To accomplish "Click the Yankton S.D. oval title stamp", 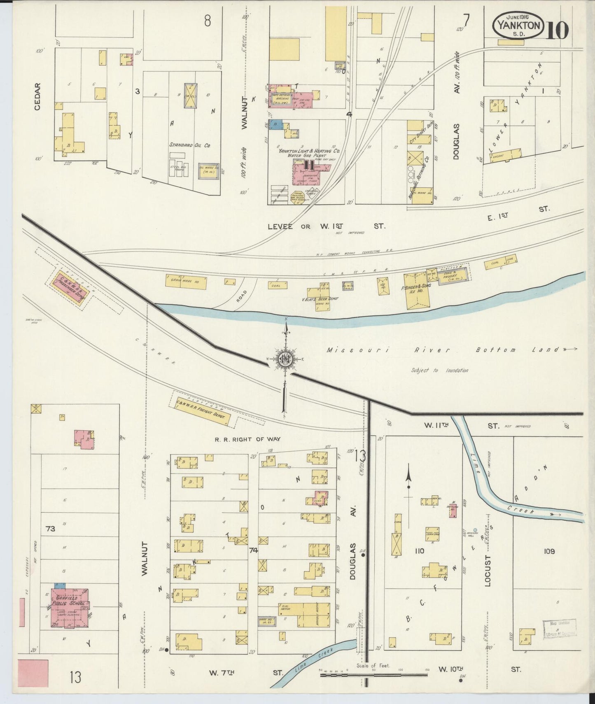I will click(518, 26).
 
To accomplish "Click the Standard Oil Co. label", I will click(190, 145).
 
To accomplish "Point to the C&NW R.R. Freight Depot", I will click(202, 409).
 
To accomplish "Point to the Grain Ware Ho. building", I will click(186, 282).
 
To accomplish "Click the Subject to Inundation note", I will click(439, 370).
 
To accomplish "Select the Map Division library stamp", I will click(559, 628).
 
